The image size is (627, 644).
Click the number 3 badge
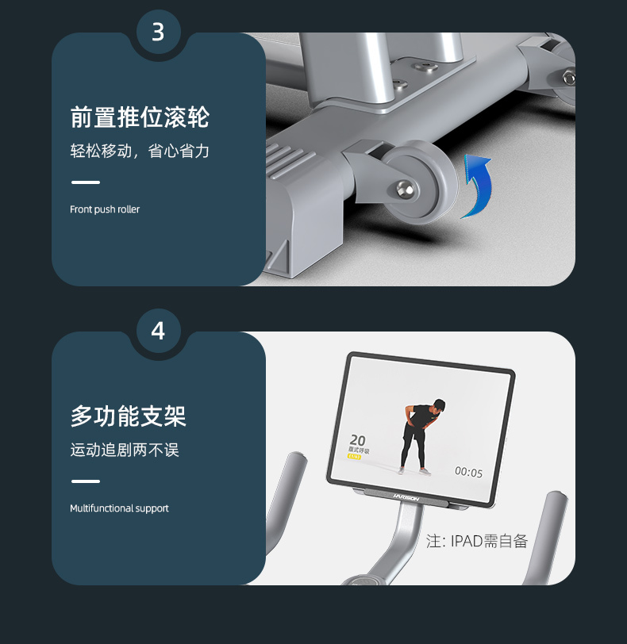(x=157, y=33)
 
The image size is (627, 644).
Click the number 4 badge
(x=157, y=331)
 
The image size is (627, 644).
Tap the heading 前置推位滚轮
(x=140, y=117)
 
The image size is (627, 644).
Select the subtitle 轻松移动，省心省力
(x=140, y=151)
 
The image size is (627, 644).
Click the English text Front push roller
(x=105, y=209)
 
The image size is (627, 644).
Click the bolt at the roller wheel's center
(x=406, y=188)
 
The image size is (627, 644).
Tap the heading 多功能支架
(x=129, y=416)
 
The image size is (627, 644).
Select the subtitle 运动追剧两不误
(x=125, y=450)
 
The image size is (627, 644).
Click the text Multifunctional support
(x=119, y=508)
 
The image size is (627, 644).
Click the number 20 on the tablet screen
(x=358, y=439)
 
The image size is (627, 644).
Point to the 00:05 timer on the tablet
(x=468, y=473)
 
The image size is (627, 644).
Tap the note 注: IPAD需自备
(x=477, y=542)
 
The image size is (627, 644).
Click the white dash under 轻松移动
(x=86, y=182)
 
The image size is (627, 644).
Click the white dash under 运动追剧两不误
(x=86, y=481)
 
